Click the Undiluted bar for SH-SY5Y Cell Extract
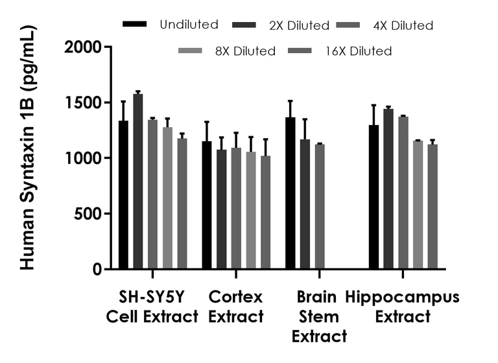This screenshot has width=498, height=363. (123, 194)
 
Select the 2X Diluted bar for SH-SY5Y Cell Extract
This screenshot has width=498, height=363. (138, 181)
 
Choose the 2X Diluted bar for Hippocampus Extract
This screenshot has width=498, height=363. (389, 189)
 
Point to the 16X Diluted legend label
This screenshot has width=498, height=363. (363, 51)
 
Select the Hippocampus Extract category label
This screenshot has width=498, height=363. (402, 307)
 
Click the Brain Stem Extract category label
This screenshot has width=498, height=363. (318, 317)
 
